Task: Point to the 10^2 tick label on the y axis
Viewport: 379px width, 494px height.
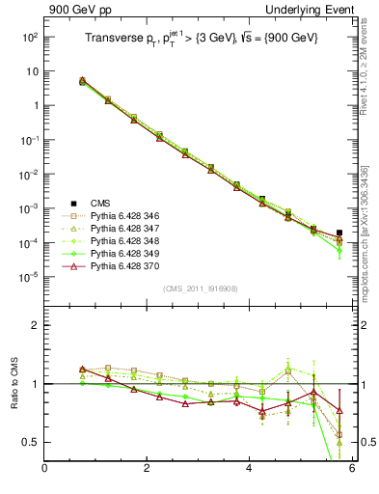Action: (30, 37)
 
